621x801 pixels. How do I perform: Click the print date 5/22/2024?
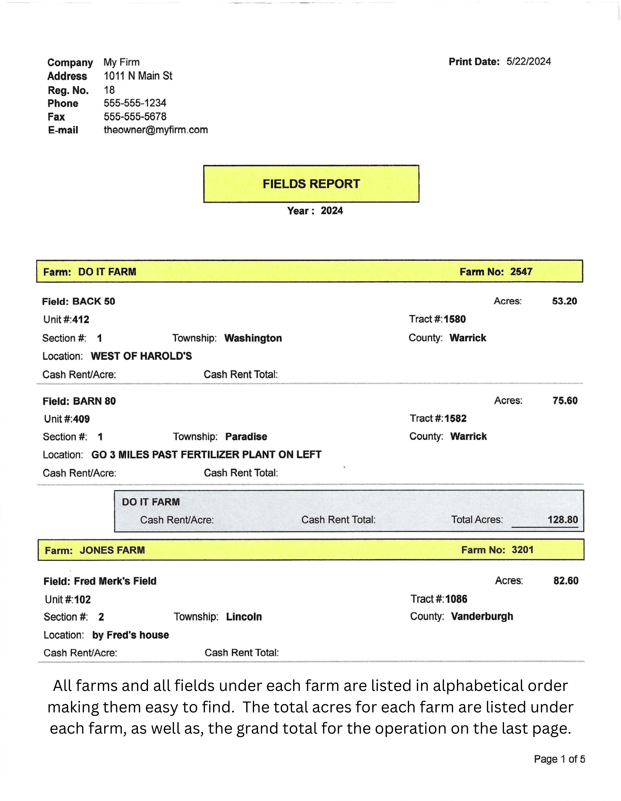tap(528, 61)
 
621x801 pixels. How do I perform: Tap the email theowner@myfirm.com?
tap(155, 130)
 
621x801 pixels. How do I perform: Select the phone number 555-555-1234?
tap(135, 103)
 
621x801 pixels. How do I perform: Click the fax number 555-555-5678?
tap(135, 117)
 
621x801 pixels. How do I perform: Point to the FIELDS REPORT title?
tap(311, 184)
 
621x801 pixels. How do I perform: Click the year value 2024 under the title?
tap(331, 211)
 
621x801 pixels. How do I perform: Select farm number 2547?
tap(521, 272)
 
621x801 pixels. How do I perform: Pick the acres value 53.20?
tap(564, 301)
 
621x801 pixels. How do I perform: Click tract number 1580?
tap(455, 319)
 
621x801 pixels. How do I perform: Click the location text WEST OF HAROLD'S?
tap(141, 356)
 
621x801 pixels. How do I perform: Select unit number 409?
tap(81, 419)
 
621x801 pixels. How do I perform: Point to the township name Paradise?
tap(246, 436)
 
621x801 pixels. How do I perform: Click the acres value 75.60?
tap(565, 400)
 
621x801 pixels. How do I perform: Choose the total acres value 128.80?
tap(562, 519)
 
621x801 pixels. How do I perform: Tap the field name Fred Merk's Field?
tap(115, 581)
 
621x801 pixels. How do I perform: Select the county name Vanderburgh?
tap(482, 616)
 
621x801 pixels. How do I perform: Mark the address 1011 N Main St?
tap(138, 76)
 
